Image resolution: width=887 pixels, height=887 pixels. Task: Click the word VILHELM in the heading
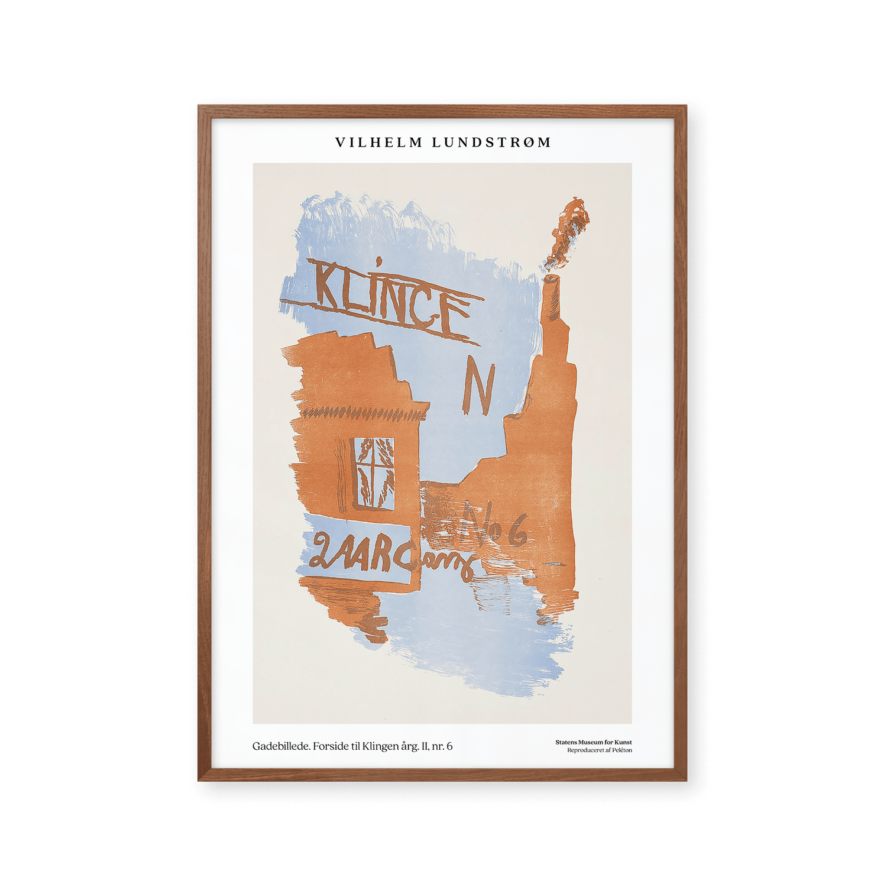379,143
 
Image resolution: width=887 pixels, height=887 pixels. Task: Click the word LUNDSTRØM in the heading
491,143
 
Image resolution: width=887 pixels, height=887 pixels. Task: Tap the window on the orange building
374,473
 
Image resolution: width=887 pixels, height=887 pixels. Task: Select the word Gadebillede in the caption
281,746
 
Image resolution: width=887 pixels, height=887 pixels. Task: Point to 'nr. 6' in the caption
442,746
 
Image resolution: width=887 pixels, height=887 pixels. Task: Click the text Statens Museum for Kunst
593,742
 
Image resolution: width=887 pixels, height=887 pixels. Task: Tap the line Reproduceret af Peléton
599,750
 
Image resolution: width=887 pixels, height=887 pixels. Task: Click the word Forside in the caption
331,746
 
